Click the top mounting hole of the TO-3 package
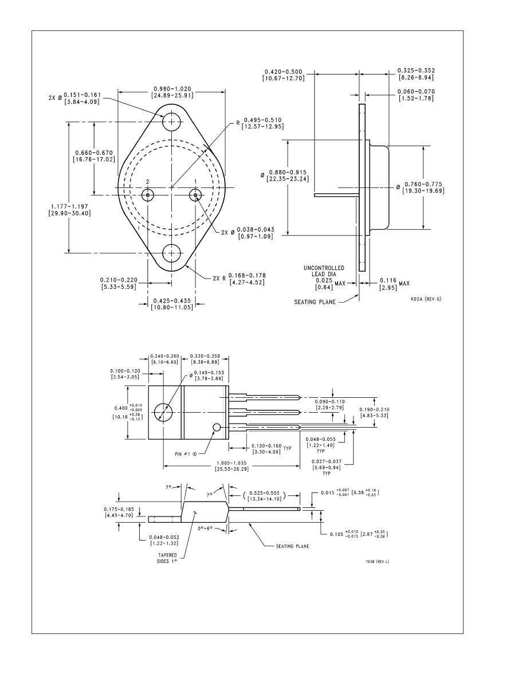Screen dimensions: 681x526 pyautogui.click(x=171, y=122)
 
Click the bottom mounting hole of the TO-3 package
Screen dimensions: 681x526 pyautogui.click(x=171, y=252)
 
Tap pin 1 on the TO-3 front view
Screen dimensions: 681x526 pyautogui.click(x=196, y=195)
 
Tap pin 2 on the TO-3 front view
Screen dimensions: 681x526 pyautogui.click(x=147, y=195)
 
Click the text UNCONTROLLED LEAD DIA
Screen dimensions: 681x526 pyautogui.click(x=323, y=271)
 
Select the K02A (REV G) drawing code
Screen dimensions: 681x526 pyautogui.click(x=426, y=299)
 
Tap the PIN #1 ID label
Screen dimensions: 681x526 pyautogui.click(x=186, y=453)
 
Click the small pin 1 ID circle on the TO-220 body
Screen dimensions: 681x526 pyautogui.click(x=217, y=427)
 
